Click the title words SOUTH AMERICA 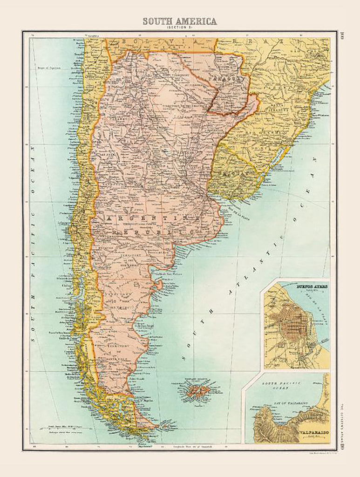point(179,21)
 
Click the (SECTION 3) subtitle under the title point(179,28)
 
